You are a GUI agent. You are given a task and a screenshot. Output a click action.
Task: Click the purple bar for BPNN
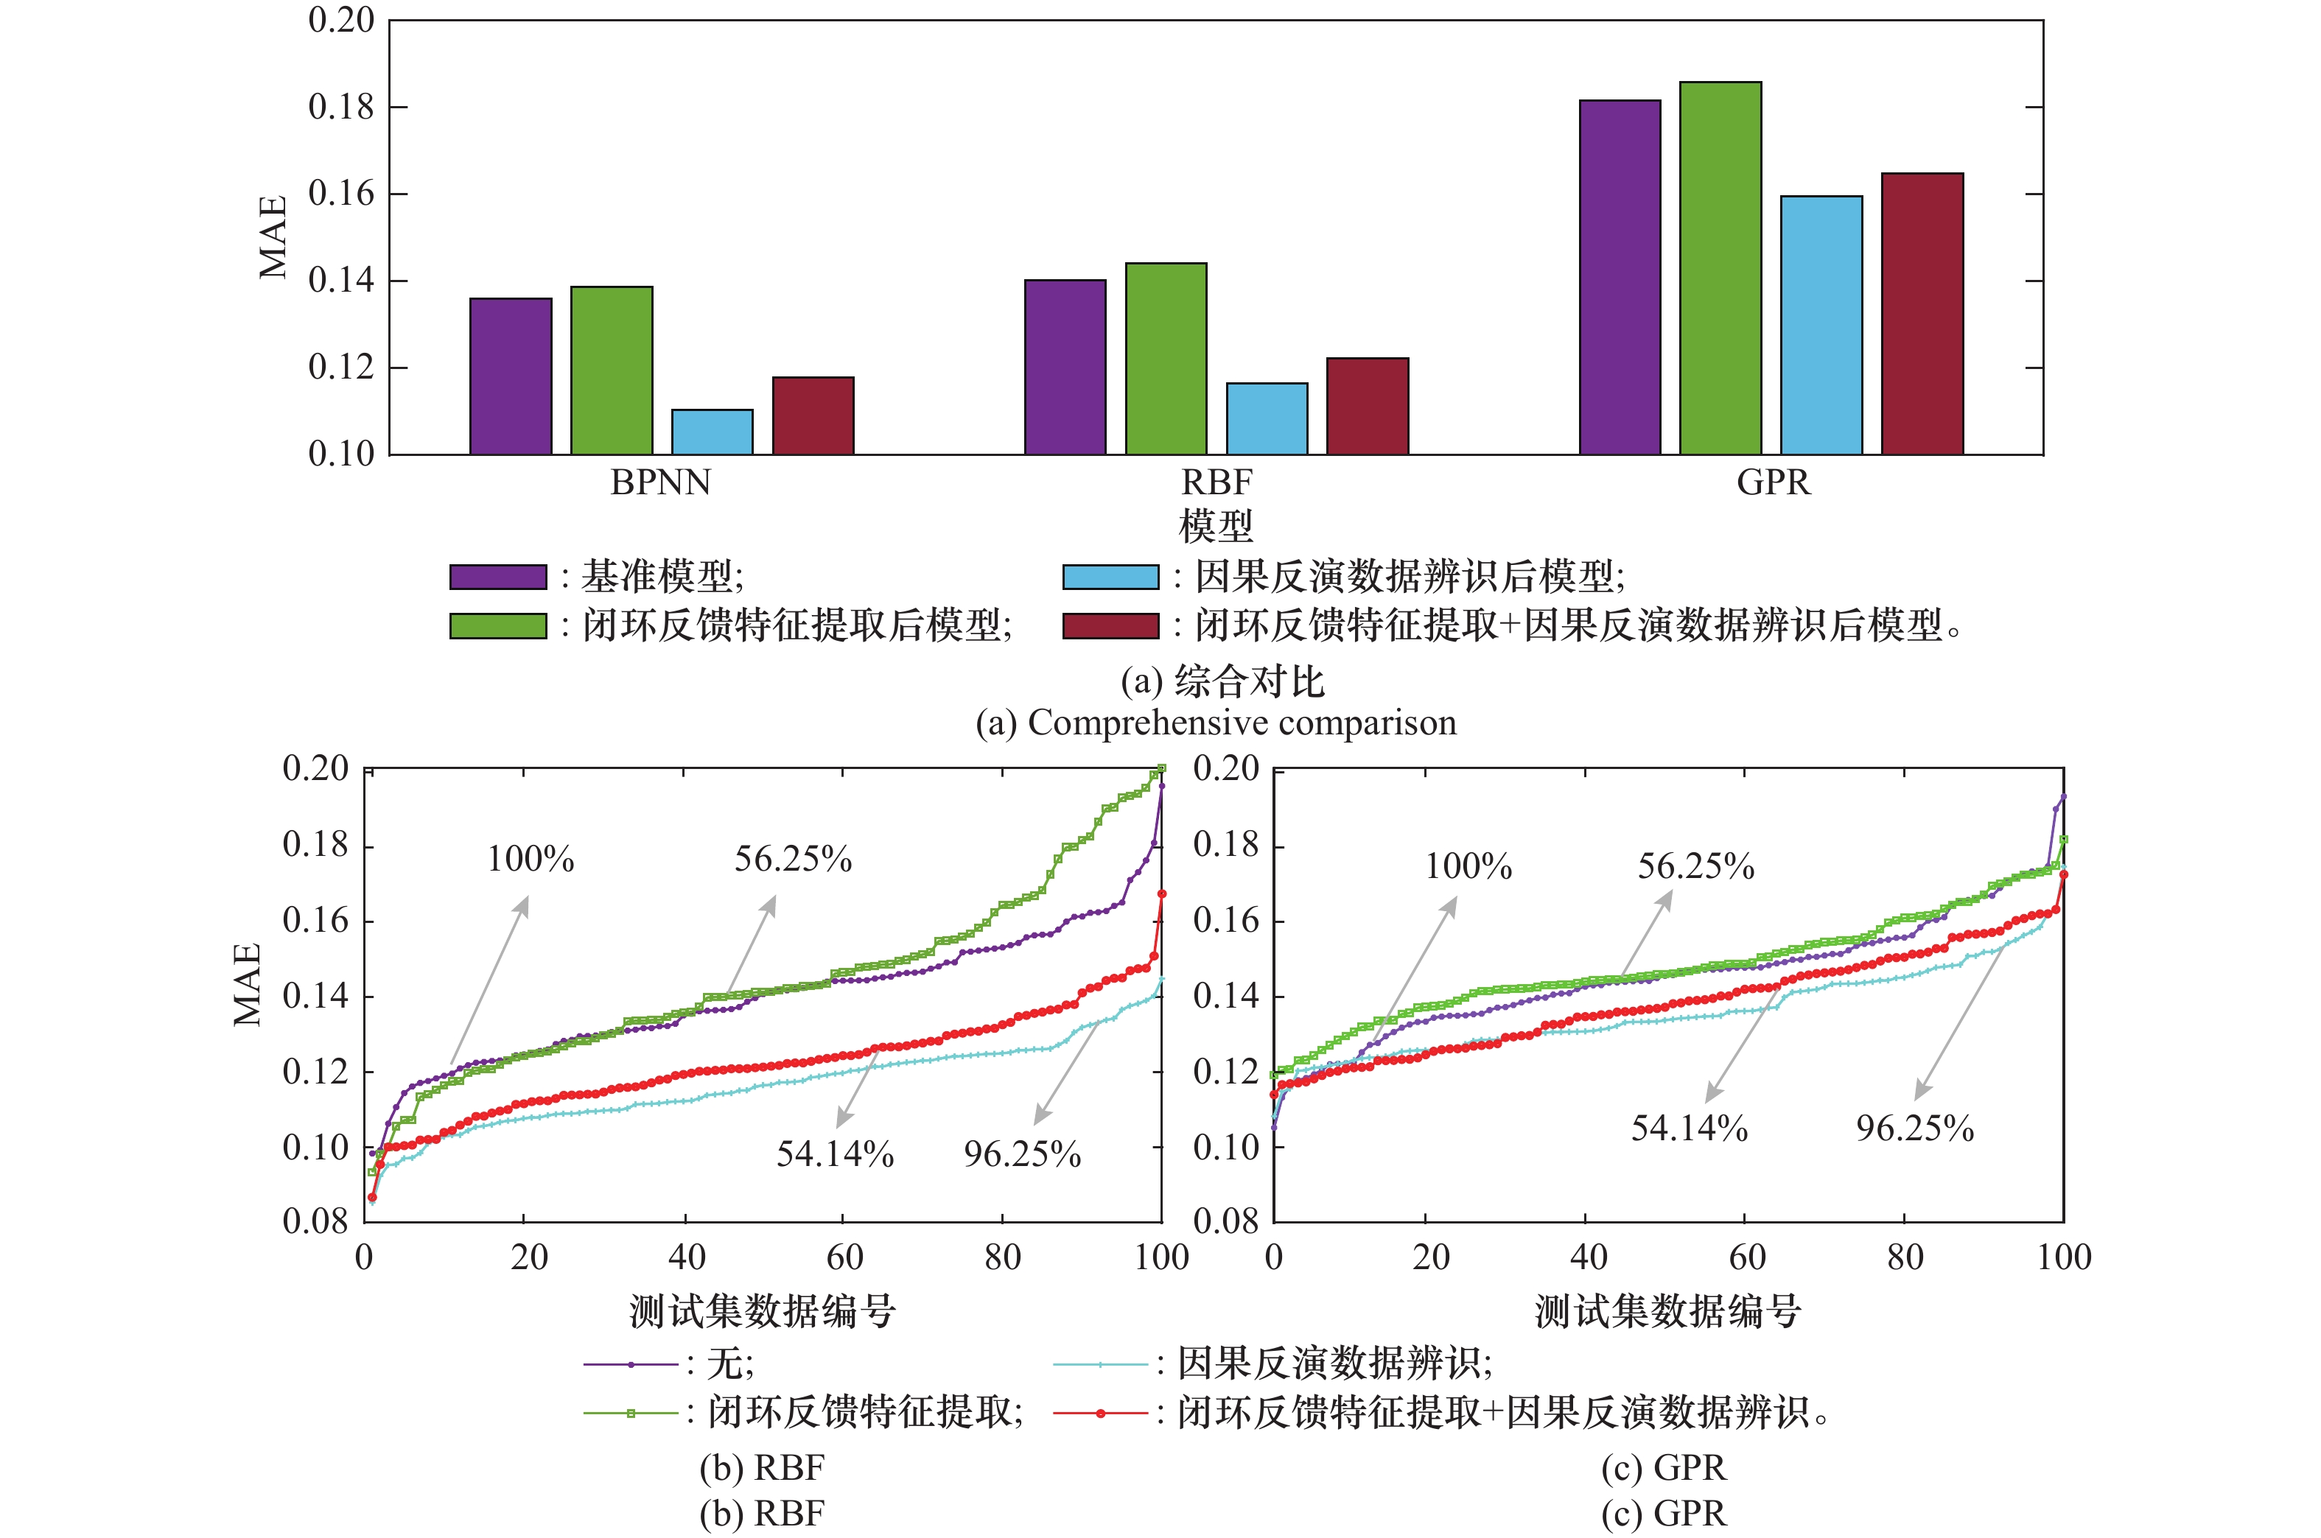coord(510,376)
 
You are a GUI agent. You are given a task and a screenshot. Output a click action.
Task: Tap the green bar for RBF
coord(1166,358)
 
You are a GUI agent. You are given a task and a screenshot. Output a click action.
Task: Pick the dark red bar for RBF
coord(1368,405)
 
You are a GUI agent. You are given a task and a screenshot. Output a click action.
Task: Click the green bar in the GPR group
coord(1720,268)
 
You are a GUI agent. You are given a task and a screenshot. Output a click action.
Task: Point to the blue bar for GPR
coord(1821,325)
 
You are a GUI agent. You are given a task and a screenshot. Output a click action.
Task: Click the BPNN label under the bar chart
coord(660,482)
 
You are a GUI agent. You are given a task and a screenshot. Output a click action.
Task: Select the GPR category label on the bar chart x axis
coord(1773,482)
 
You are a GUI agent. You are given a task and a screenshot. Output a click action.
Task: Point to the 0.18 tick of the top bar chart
coord(341,107)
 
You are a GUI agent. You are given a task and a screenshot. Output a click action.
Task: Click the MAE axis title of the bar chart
coord(273,236)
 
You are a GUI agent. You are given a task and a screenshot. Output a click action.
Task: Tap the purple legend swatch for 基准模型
coord(497,577)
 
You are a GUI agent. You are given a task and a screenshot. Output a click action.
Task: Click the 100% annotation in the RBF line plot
coord(531,860)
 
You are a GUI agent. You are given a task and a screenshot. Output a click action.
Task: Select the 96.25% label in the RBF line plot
coord(1022,1154)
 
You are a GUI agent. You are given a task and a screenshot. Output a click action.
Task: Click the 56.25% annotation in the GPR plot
coord(1696,866)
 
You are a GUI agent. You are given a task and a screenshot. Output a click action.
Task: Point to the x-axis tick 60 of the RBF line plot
coord(844,1257)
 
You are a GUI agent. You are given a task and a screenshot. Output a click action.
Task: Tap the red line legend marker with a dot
coord(1099,1414)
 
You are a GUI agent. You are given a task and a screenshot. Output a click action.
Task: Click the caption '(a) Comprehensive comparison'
coord(1216,723)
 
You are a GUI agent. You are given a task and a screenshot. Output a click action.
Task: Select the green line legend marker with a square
coord(631,1414)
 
